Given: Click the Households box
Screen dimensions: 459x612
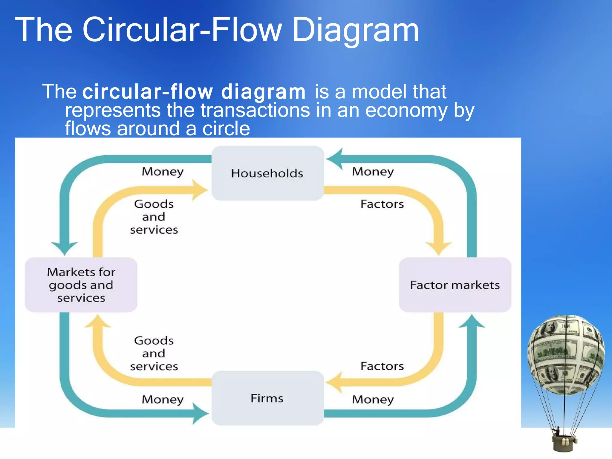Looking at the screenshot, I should pos(267,173).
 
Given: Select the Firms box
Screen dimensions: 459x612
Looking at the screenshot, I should pos(267,398).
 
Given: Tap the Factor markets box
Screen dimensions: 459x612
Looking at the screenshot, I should pos(455,285).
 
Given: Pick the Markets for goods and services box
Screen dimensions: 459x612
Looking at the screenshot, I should pos(81,285).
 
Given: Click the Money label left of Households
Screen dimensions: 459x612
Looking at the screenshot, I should pos(163,172).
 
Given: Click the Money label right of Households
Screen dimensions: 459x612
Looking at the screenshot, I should pos(373,172).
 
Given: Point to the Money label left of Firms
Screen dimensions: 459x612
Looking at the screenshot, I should pos(163,400).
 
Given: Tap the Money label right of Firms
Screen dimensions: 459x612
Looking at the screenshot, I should pos(373,400).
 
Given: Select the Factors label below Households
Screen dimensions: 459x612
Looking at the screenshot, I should pos(382,204).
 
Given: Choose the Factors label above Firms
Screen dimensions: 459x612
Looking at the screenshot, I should pos(382,366).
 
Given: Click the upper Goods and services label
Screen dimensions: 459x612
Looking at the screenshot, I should pos(154,217).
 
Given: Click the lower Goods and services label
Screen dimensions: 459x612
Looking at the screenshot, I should pos(154,353).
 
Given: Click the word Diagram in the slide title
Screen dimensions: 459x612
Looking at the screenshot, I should pos(356,30).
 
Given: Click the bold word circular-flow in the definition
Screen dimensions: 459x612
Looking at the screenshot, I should pos(148,92).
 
